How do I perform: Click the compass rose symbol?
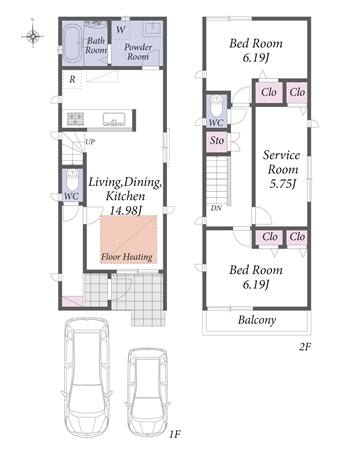[33, 35]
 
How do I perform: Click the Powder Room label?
[138, 52]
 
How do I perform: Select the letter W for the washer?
[121, 30]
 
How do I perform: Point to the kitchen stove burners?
[75, 119]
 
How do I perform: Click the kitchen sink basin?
[114, 119]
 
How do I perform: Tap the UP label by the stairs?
[90, 142]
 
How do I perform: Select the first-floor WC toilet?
[72, 180]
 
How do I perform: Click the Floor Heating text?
[127, 257]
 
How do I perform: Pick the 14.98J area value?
[126, 211]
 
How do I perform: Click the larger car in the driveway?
[86, 377]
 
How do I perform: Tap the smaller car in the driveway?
[147, 392]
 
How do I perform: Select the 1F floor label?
[174, 434]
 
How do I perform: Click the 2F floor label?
[305, 347]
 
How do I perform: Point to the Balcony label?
[257, 320]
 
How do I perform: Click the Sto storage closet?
[217, 141]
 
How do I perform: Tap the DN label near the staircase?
[216, 208]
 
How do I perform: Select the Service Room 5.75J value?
[283, 184]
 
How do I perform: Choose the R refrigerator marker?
[72, 80]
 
